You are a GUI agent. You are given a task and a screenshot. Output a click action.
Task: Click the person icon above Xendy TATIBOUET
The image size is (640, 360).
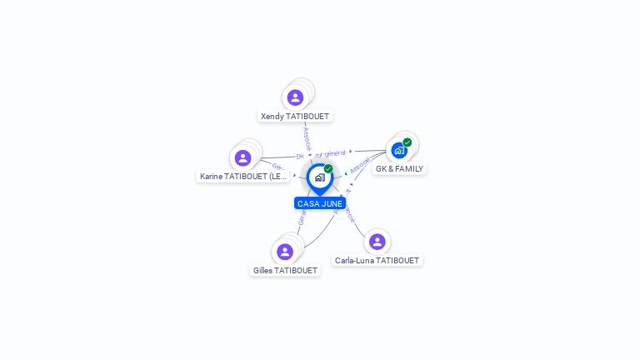click(x=295, y=97)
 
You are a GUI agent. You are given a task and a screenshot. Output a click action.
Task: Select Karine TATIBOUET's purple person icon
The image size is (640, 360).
click(x=242, y=157)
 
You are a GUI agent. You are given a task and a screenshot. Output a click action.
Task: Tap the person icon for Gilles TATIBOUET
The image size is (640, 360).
click(x=285, y=252)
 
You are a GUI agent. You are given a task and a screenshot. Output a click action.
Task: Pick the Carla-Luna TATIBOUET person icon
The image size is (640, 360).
click(x=377, y=242)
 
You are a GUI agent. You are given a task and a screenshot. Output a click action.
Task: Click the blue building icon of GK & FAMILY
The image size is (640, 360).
click(x=399, y=151)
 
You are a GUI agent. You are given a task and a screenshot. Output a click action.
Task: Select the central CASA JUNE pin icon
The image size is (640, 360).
click(x=319, y=177)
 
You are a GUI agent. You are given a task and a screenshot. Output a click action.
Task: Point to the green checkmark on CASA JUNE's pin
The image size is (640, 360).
click(x=328, y=169)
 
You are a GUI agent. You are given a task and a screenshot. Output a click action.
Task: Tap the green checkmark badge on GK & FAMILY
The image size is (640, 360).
click(x=407, y=142)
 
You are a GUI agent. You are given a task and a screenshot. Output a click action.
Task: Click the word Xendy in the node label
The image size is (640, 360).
click(x=272, y=117)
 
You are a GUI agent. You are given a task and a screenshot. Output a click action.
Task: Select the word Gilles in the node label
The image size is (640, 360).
click(x=262, y=271)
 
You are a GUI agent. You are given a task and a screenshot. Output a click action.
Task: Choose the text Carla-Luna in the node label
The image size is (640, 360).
click(x=353, y=261)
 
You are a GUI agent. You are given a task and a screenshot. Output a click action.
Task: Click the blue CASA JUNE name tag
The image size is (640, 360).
click(x=320, y=203)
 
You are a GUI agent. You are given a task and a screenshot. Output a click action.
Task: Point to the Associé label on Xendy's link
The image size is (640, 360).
click(x=307, y=137)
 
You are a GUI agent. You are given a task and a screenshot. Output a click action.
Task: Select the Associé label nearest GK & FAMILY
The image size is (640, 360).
click(x=360, y=165)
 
